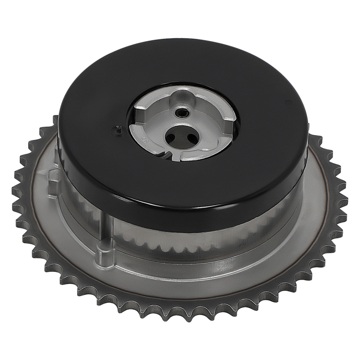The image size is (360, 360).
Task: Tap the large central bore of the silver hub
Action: [182, 136]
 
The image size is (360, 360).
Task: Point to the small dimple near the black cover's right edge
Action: [287, 103]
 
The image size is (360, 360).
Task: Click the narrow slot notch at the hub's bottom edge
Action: [166, 155]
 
